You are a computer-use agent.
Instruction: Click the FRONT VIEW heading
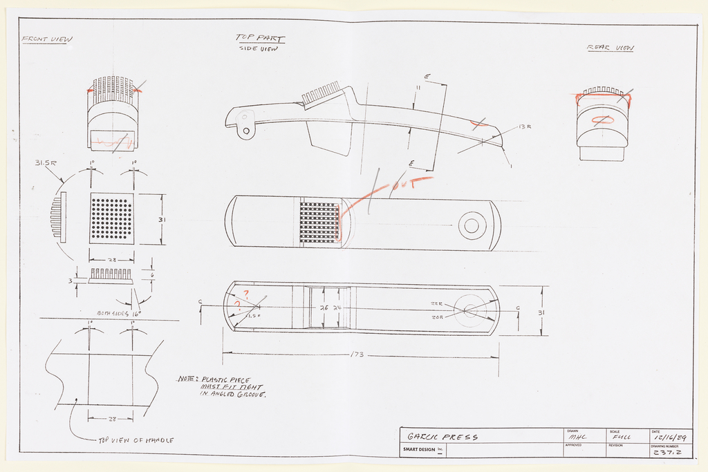coord(46,39)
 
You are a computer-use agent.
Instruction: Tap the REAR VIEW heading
coord(610,48)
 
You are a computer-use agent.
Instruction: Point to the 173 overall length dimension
coord(357,355)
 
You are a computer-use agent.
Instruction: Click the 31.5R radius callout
coord(46,163)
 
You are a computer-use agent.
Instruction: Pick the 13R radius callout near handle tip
coord(524,127)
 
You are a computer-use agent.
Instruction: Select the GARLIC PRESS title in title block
coord(442,437)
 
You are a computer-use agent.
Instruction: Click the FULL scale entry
coord(622,437)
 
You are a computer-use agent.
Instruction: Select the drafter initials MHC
coord(577,437)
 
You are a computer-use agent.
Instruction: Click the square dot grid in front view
coord(111,218)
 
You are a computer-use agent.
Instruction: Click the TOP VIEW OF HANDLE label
coord(136,440)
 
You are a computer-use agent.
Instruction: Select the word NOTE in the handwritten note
coord(187,379)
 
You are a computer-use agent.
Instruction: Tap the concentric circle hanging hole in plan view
coord(472,225)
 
